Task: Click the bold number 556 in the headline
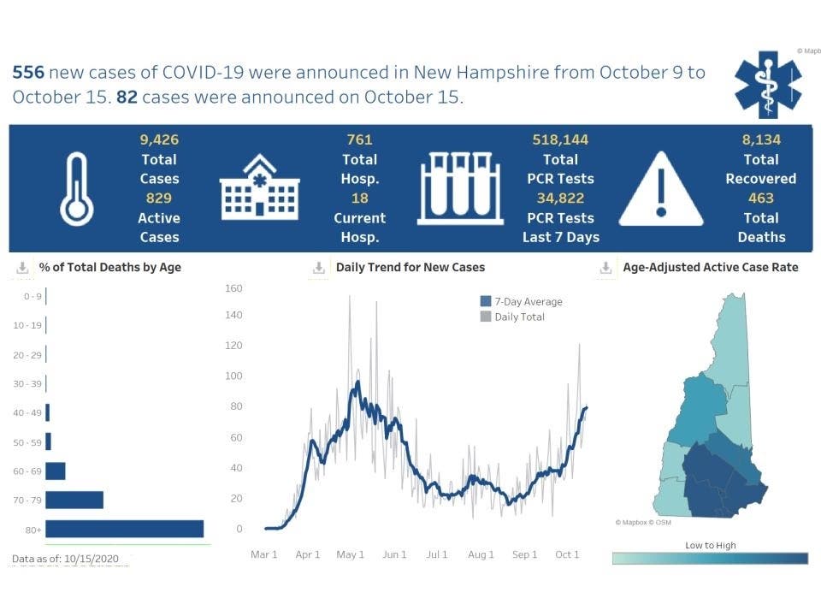[28, 73]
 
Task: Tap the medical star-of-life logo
[768, 83]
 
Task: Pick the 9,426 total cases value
[159, 139]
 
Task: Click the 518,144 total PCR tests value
[560, 139]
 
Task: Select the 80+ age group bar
[124, 529]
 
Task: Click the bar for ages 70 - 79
[74, 500]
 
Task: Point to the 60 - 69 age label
[26, 471]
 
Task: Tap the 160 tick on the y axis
[233, 288]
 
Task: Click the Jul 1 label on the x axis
[437, 554]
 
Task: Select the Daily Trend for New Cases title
[410, 267]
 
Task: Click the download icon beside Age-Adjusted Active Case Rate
[605, 268]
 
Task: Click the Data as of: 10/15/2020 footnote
[71, 559]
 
